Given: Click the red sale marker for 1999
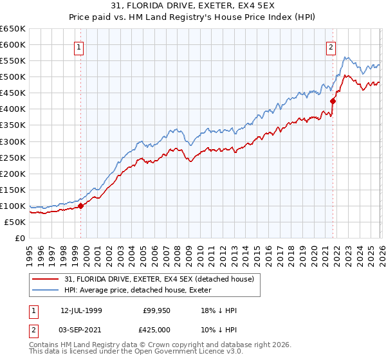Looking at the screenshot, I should pos(81,206).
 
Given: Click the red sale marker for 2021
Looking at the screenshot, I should pos(333,101).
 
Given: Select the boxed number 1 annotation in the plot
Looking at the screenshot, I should pos(78,47).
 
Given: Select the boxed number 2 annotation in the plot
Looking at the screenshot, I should pos(331,47).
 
